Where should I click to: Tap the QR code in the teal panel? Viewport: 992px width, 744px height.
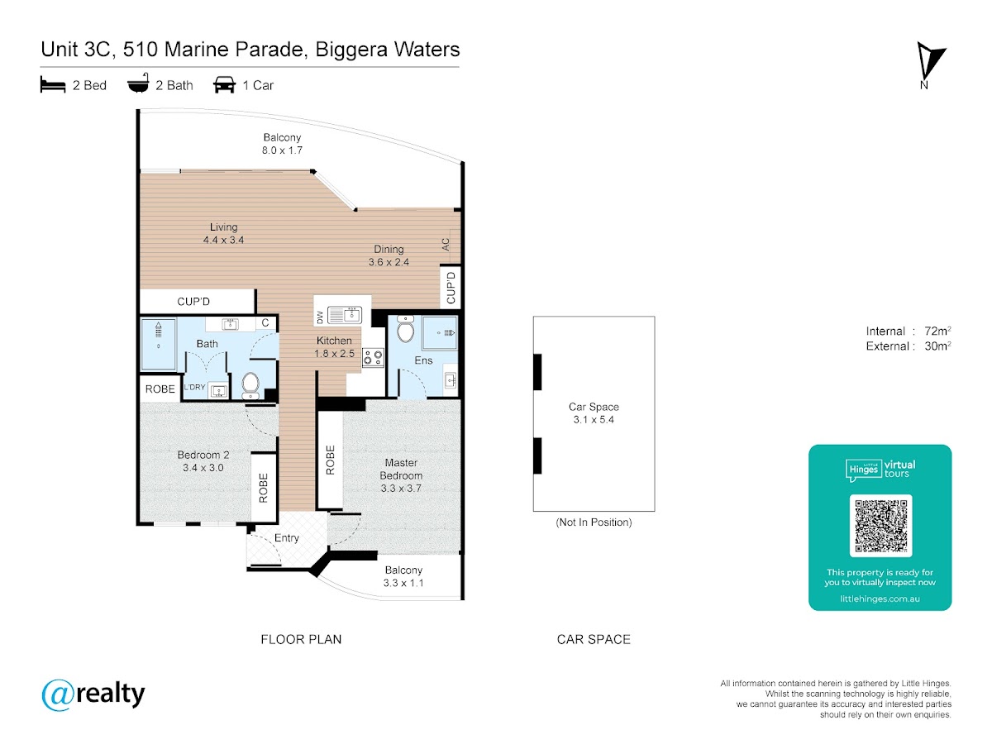880,526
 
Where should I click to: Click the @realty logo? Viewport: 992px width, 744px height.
93,694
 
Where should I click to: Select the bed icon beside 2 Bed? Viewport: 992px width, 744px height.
53,84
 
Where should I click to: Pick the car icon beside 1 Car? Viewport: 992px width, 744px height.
224,85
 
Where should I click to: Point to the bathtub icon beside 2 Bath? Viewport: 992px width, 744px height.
138,83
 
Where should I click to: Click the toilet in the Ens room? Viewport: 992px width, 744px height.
405,329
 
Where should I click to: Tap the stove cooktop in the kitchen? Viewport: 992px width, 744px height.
373,357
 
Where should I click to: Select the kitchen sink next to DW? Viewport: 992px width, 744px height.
345,315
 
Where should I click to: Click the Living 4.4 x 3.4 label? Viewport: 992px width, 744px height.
223,234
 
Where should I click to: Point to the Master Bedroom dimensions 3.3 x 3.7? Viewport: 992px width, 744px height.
401,489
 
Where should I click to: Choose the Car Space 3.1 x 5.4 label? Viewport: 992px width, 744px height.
594,413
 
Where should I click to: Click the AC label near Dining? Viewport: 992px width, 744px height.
446,245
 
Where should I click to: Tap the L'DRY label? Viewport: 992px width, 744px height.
194,387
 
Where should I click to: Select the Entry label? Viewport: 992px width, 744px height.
287,538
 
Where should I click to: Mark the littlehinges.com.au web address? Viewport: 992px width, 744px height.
880,599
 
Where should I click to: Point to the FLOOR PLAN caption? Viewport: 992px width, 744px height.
301,639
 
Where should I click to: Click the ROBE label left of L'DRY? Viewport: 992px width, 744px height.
160,389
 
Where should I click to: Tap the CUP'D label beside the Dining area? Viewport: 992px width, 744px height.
451,288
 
